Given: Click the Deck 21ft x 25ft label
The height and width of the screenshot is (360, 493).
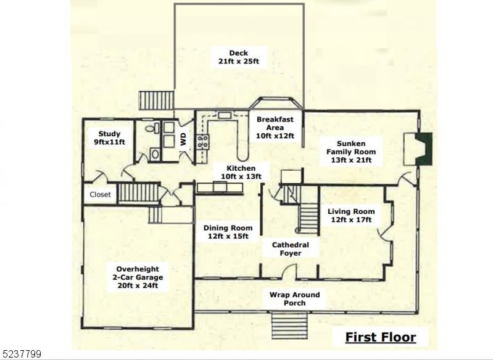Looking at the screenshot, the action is click(x=239, y=57).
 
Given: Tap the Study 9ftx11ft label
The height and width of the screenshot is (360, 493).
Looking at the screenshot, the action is click(x=109, y=138).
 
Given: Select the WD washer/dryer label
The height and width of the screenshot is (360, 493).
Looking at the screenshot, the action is click(x=183, y=139).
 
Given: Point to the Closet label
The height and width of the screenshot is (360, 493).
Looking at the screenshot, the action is click(x=101, y=194).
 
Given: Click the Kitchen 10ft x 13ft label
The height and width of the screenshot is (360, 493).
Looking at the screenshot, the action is click(x=241, y=173).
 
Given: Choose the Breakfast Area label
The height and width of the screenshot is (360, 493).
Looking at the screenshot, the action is click(x=275, y=128).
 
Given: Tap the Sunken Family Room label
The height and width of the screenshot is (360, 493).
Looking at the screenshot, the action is click(x=351, y=152).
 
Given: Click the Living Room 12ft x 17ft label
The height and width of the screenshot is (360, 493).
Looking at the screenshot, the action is click(x=351, y=216).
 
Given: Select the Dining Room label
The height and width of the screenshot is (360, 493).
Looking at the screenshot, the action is click(x=228, y=232).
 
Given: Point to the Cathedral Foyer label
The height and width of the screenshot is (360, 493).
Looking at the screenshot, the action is click(x=291, y=249).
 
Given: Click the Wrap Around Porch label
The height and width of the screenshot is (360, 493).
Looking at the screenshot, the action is click(x=294, y=299).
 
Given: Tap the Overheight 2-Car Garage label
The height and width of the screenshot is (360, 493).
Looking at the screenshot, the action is click(x=138, y=277).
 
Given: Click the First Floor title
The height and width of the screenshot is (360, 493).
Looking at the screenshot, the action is click(x=381, y=337).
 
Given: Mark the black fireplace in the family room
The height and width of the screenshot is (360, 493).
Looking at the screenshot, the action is click(x=424, y=149).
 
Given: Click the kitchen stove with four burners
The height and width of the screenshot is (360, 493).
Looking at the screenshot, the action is click(x=203, y=141).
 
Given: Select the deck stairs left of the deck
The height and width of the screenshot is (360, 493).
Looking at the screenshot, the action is click(x=157, y=100).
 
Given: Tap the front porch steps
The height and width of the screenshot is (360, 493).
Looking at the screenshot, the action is click(x=289, y=326).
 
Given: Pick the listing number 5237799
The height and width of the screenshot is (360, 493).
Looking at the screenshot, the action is click(x=20, y=354).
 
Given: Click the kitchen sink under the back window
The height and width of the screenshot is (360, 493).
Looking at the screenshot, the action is click(x=225, y=115).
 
